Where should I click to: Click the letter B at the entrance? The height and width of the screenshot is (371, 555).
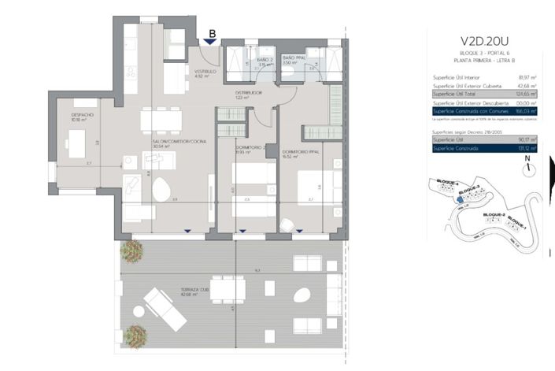(211, 34)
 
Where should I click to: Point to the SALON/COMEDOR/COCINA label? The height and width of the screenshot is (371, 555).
(173, 143)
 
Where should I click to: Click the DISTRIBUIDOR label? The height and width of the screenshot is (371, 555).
(248, 92)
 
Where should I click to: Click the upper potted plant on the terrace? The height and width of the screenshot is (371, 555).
(131, 250)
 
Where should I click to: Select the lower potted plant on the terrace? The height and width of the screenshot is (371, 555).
(134, 336)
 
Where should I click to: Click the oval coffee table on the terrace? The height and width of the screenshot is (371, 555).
(302, 295)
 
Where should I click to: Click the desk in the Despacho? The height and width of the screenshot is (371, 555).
(76, 143)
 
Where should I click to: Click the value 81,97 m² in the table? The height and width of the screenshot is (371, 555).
(527, 77)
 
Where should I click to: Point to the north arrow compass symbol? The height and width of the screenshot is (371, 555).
(527, 165)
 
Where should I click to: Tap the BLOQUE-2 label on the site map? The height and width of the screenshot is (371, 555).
(493, 213)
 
